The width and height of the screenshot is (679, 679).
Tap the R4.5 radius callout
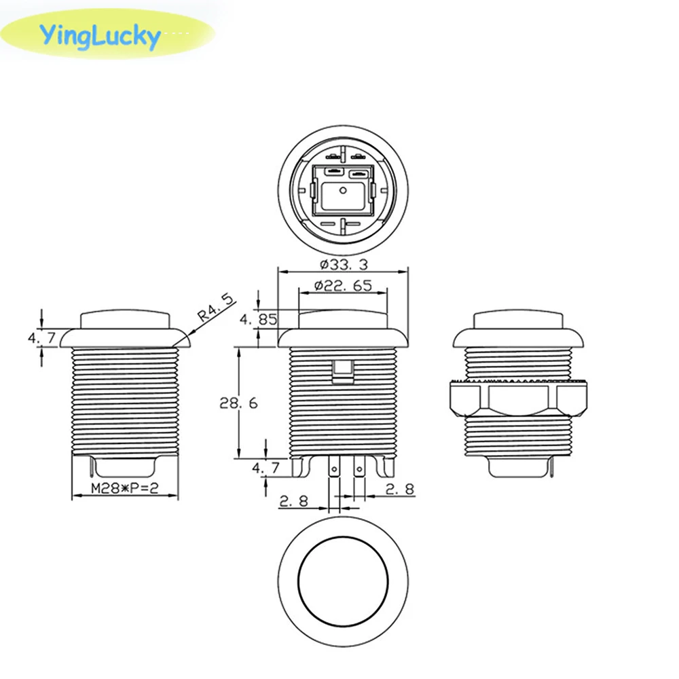click(x=215, y=307)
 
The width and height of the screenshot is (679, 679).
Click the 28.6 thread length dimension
click(x=238, y=403)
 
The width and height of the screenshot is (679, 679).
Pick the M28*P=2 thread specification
click(x=124, y=490)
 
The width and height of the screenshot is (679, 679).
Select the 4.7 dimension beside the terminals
click(x=265, y=468)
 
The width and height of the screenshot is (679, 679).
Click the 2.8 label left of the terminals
click(x=293, y=502)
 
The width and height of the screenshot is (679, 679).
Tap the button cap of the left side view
click(x=124, y=320)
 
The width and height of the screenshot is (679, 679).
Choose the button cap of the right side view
click(x=518, y=321)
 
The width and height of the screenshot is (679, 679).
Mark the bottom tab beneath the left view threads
click(x=126, y=467)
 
